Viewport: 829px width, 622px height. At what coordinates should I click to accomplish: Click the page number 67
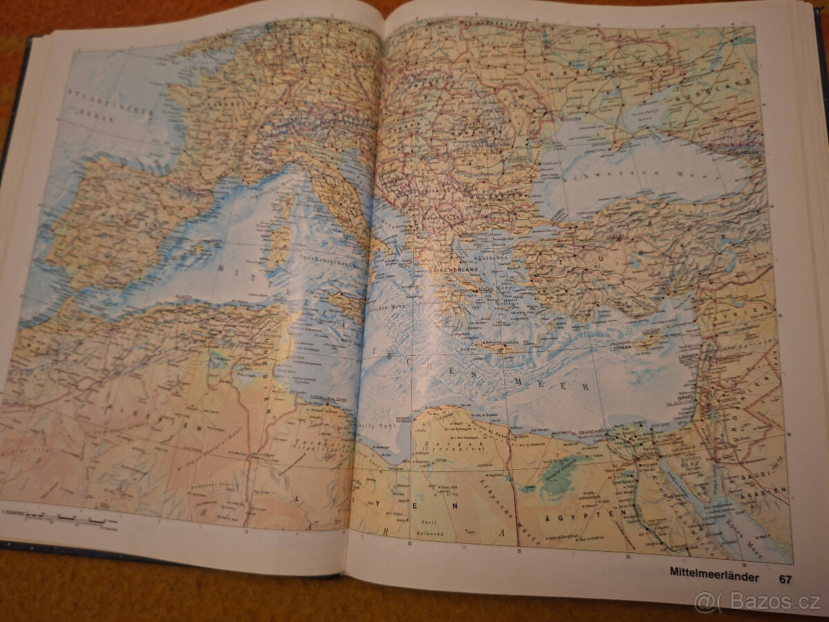[x=785, y=578]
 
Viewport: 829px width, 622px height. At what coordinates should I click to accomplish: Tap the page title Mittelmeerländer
[x=714, y=574]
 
